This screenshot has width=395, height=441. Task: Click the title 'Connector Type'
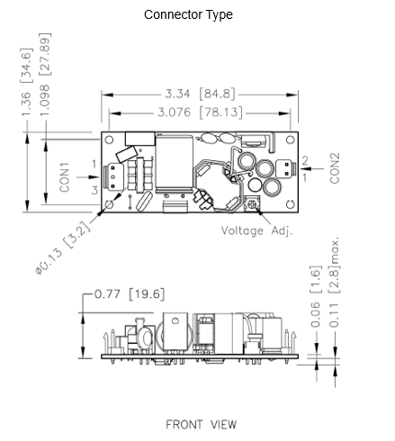click(x=188, y=14)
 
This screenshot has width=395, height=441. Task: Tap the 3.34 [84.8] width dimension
click(x=200, y=94)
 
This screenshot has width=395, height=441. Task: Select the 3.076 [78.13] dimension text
click(x=200, y=112)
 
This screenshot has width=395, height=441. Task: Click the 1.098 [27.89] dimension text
click(x=45, y=75)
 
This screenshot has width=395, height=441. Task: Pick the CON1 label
click(x=65, y=177)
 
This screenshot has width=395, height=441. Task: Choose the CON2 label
click(x=335, y=168)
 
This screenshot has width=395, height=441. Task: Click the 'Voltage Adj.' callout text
click(x=256, y=230)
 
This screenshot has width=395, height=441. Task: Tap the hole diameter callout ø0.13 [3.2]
click(x=63, y=247)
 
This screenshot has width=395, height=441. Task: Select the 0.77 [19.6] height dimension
click(x=130, y=294)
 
